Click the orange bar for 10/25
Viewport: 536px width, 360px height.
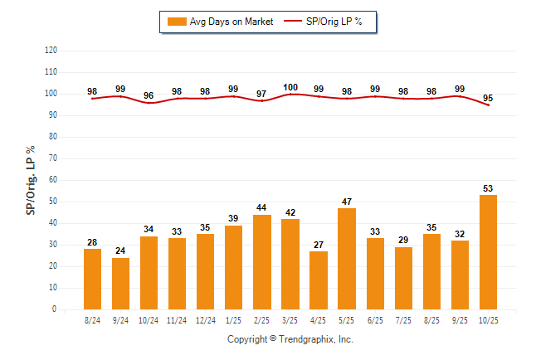488,252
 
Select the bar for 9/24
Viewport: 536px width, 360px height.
121,284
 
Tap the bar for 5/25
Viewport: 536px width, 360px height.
347,259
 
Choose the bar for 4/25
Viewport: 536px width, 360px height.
319,280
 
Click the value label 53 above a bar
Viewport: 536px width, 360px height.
488,188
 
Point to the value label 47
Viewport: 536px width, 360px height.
347,202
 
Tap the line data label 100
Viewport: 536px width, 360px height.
290,87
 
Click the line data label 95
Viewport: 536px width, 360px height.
488,98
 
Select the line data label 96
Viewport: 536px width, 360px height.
149,95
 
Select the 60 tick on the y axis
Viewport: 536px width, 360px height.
53,179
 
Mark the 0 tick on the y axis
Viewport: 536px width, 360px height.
55,309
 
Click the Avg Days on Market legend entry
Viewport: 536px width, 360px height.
220,22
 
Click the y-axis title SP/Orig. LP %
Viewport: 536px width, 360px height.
31,179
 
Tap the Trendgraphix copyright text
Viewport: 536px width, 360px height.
290,339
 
